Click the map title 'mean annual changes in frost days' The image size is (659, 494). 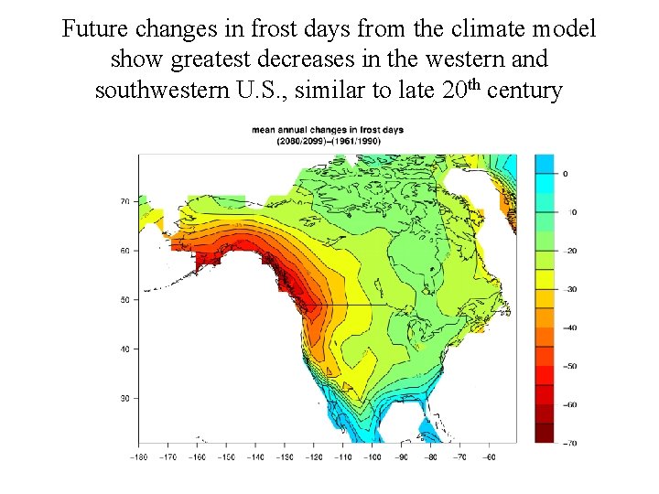coord(328,130)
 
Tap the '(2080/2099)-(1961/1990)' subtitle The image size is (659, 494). coord(328,142)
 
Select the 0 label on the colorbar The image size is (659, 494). coord(565,173)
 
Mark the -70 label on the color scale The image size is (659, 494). coord(569,443)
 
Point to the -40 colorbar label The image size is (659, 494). coord(569,328)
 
